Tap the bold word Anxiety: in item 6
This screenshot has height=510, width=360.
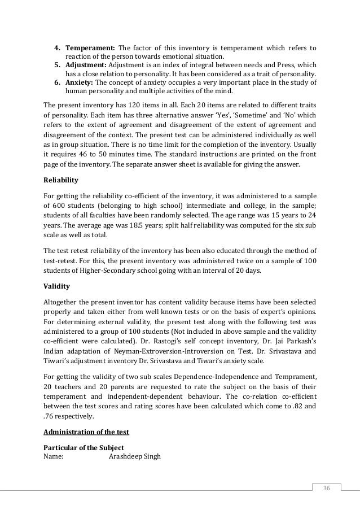point(80,82)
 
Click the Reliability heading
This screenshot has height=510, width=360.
point(62,181)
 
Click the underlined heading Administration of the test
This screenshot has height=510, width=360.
point(86,432)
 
